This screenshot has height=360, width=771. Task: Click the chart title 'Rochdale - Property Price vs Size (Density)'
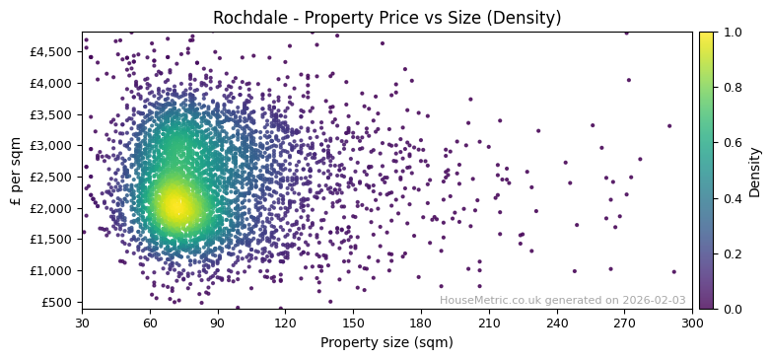[x=386, y=18]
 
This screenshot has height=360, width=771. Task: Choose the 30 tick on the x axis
[x=82, y=323]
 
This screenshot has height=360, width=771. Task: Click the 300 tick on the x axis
[x=692, y=323]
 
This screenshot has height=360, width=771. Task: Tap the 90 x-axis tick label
[x=218, y=323]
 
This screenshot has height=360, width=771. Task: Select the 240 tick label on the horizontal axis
[x=557, y=323]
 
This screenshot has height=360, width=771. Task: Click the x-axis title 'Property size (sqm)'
[x=386, y=342]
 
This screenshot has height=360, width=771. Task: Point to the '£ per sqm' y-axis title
[x=16, y=171]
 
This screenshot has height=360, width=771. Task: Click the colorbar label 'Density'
[x=755, y=171]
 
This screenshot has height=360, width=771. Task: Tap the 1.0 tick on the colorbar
[x=731, y=33]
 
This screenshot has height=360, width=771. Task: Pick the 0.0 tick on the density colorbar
[x=731, y=309]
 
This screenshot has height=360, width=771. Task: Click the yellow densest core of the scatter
[x=175, y=205]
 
